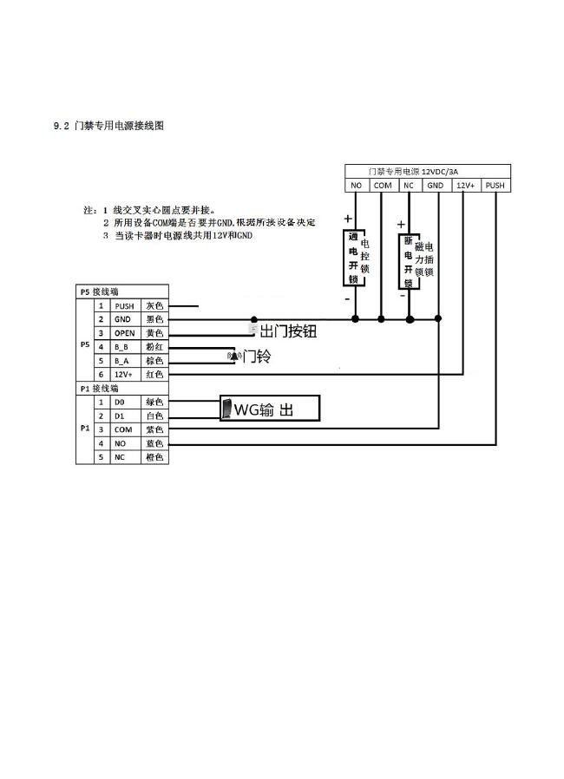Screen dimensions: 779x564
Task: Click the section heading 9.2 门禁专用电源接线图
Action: coord(108,126)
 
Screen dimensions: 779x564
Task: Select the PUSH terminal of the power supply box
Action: coord(495,185)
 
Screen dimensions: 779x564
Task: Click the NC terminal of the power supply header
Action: coord(408,185)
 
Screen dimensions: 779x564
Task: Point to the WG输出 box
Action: coord(270,409)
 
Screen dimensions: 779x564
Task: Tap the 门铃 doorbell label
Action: coord(256,356)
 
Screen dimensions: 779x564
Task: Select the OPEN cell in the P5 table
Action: coord(123,333)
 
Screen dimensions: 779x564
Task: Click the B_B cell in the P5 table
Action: coord(123,347)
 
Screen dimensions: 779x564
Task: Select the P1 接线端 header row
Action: coord(122,389)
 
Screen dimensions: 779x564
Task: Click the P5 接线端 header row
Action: coord(122,292)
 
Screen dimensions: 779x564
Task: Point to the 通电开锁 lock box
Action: coord(353,259)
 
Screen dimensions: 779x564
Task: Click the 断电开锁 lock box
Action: coord(407,261)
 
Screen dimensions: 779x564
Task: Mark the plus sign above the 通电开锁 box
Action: coord(349,219)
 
